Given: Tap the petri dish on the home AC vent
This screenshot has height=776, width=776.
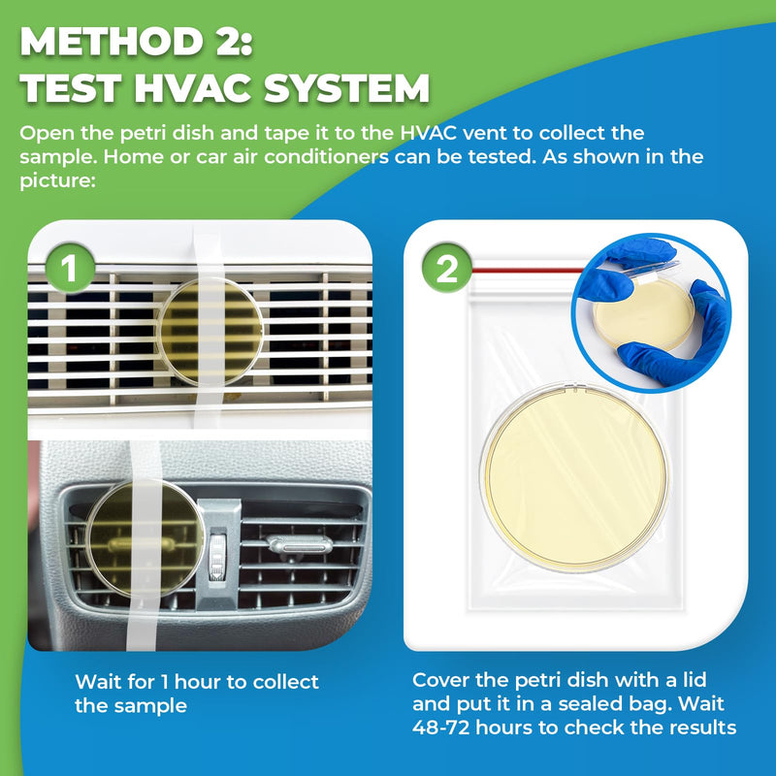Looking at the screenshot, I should (208, 330).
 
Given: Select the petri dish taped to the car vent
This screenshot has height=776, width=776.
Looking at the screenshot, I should (145, 528).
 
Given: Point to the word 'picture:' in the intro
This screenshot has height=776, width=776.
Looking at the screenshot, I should (56, 180).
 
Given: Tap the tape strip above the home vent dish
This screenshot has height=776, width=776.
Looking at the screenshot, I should (208, 251).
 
